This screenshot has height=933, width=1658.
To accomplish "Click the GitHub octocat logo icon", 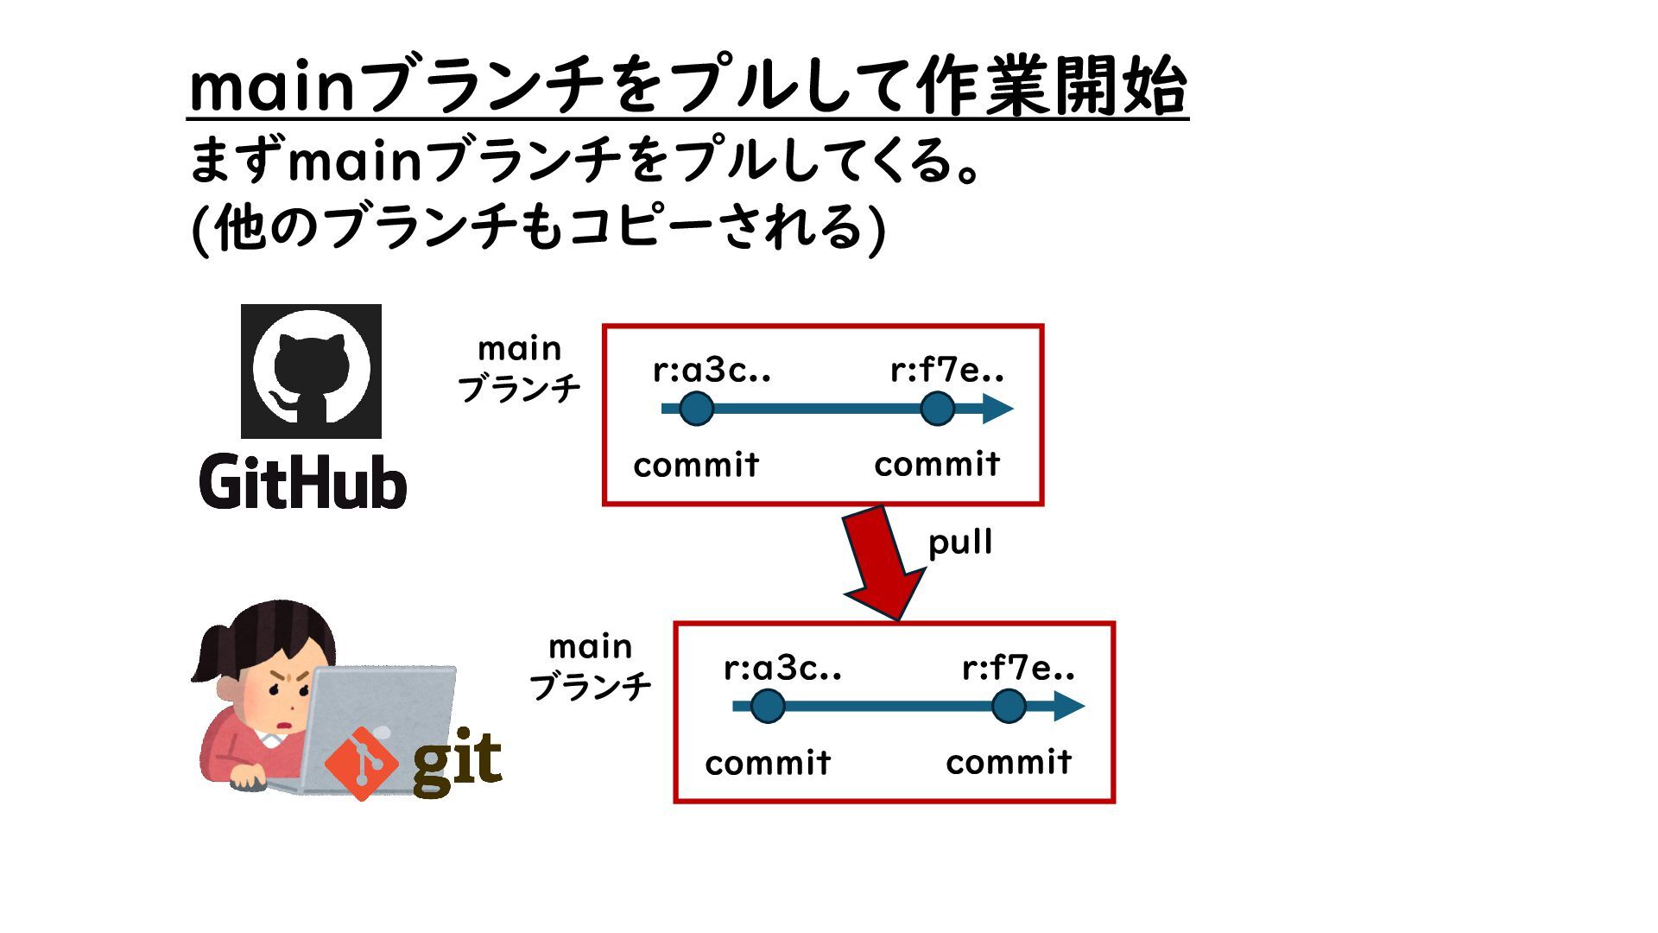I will click(x=311, y=371).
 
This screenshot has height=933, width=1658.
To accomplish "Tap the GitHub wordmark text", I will click(x=303, y=481).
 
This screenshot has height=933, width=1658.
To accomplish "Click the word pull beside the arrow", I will click(x=959, y=543).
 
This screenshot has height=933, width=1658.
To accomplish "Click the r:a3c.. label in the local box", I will click(x=782, y=668).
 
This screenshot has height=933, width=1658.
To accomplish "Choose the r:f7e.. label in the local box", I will click(x=1018, y=668).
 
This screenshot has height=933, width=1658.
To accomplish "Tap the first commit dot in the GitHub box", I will click(x=696, y=409).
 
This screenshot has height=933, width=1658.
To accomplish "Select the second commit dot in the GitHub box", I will click(x=937, y=409).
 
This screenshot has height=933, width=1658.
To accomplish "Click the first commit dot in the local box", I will click(x=768, y=706).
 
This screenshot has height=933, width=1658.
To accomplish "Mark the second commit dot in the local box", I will click(x=1009, y=706).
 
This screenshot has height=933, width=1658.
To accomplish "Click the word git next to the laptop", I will click(x=457, y=759).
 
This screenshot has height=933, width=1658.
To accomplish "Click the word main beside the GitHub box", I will click(x=519, y=349).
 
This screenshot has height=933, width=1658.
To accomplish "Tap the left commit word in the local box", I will click(x=768, y=763).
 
